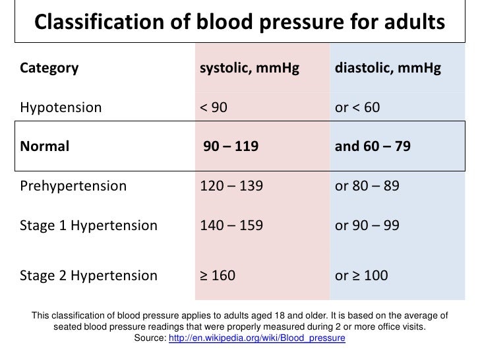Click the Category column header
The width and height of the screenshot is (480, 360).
49,68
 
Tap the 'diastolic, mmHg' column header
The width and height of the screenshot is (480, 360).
388,68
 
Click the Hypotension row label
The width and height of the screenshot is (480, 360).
61,107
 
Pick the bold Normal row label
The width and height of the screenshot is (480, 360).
45,146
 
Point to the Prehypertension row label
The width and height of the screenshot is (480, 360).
73,186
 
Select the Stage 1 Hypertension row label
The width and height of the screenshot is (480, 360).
89,225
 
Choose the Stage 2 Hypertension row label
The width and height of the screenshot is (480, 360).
89,275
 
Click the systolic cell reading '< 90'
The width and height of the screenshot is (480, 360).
214,107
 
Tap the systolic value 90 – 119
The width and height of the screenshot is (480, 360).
231,146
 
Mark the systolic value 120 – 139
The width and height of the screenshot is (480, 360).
231,186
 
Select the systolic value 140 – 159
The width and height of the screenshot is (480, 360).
231,225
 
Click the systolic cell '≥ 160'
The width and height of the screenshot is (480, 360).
218,275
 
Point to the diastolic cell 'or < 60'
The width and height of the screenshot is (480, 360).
357,107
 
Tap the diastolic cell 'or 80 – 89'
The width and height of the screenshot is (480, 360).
367,186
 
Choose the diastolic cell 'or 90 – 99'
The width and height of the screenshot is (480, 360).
367,225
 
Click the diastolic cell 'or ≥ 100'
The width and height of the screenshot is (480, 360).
361,275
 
